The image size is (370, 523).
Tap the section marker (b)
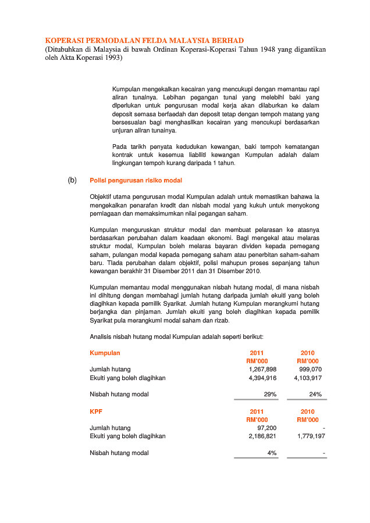pyautogui.click(x=72, y=180)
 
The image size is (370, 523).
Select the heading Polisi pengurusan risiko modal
pyautogui.click(x=136, y=180)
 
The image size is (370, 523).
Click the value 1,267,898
pyautogui.click(x=262, y=369)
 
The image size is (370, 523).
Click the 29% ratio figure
pyautogui.click(x=271, y=395)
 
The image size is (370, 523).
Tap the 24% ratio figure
pyautogui.click(x=316, y=395)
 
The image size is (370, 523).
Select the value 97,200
pyautogui.click(x=266, y=427)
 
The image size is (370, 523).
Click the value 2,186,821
pyautogui.click(x=262, y=436)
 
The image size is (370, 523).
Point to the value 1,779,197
pyautogui.click(x=311, y=436)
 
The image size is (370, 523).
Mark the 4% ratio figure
pyautogui.click(x=272, y=453)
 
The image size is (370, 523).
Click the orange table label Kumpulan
pyautogui.click(x=105, y=353)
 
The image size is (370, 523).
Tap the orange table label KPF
pyautogui.click(x=95, y=411)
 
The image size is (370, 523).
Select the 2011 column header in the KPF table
pyautogui.click(x=257, y=411)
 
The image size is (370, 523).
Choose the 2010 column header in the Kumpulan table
pyautogui.click(x=308, y=353)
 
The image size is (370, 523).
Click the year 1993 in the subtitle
pyautogui.click(x=110, y=58)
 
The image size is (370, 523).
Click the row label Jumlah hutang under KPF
pyautogui.click(x=110, y=427)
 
